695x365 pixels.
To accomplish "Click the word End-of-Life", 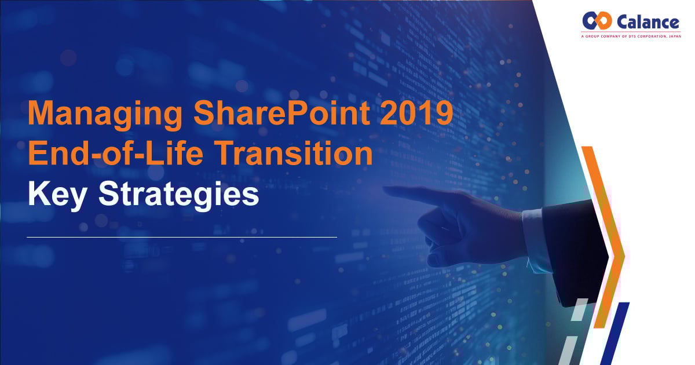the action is click(115, 152).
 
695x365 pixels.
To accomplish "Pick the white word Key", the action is click(57, 195).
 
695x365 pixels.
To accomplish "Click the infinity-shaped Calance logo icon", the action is click(597, 20).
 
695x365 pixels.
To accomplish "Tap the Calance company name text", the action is click(648, 22).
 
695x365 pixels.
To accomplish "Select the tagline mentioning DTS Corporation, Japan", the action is click(631, 36).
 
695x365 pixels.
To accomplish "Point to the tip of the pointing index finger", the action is click(385, 189).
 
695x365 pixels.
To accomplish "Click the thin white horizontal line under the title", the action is click(182, 237).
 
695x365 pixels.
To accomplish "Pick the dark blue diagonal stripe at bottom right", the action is click(615, 334).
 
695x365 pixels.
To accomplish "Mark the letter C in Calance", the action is click(623, 22).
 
